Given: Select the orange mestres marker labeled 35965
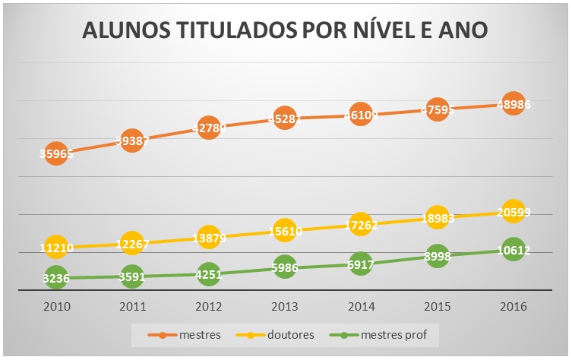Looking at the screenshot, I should pyautogui.click(x=55, y=153).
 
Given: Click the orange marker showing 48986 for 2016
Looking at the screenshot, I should pyautogui.click(x=514, y=104).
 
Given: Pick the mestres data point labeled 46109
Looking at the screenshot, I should pyautogui.click(x=361, y=115).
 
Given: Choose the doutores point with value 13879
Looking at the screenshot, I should pyautogui.click(x=208, y=238).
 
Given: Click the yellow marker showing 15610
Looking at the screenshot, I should pyautogui.click(x=284, y=231).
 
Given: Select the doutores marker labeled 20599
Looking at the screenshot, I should pyautogui.click(x=514, y=213).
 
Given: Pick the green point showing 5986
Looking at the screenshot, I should pyautogui.click(x=284, y=267).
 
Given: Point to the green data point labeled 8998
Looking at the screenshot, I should pyautogui.click(x=437, y=257).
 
